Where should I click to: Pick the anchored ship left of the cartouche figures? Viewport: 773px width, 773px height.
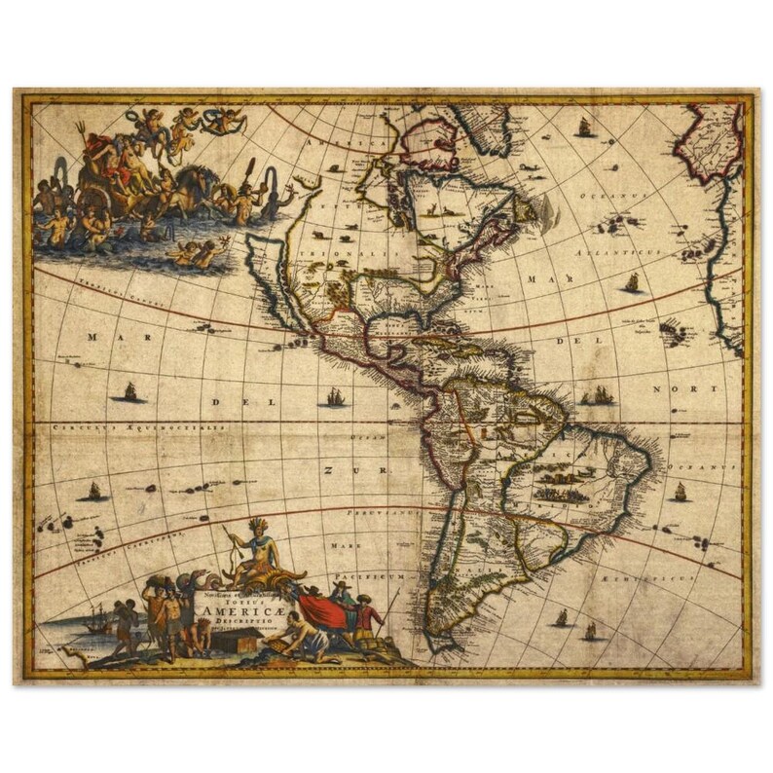[x=94, y=619]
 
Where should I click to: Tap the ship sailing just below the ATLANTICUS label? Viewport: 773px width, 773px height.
[x=632, y=283]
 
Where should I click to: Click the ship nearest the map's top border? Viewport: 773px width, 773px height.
[x=585, y=127]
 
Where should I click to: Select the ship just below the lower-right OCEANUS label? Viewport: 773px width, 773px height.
[x=680, y=492]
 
